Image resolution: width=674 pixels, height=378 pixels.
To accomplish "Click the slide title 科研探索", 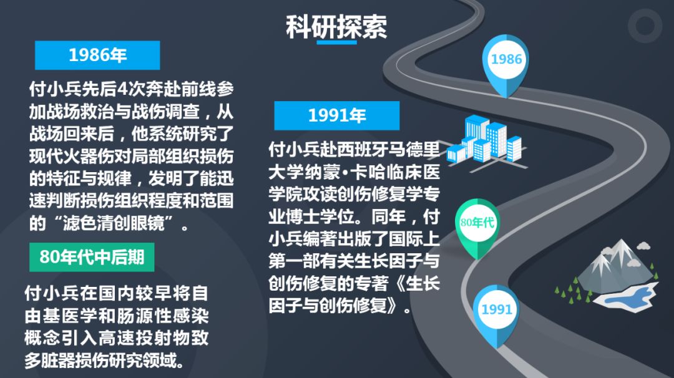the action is coord(336,27).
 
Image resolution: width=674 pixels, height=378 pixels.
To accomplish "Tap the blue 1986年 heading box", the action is coord(97,55).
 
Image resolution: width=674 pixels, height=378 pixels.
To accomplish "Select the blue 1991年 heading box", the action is coord(336,115).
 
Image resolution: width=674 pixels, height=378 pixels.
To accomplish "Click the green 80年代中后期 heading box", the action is coord(92,257).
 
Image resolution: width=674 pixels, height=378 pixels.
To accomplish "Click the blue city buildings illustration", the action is coord(486,142).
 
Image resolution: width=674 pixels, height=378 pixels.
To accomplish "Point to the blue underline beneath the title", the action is coord(336,42).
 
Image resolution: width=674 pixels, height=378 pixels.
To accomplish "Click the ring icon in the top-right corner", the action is coord(645,26).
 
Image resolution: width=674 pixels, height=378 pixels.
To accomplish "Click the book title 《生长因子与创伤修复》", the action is coord(354,295).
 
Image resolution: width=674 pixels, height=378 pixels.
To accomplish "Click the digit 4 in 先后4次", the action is coord(122,89).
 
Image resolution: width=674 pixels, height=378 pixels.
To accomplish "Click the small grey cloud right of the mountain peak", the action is coord(643,246).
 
